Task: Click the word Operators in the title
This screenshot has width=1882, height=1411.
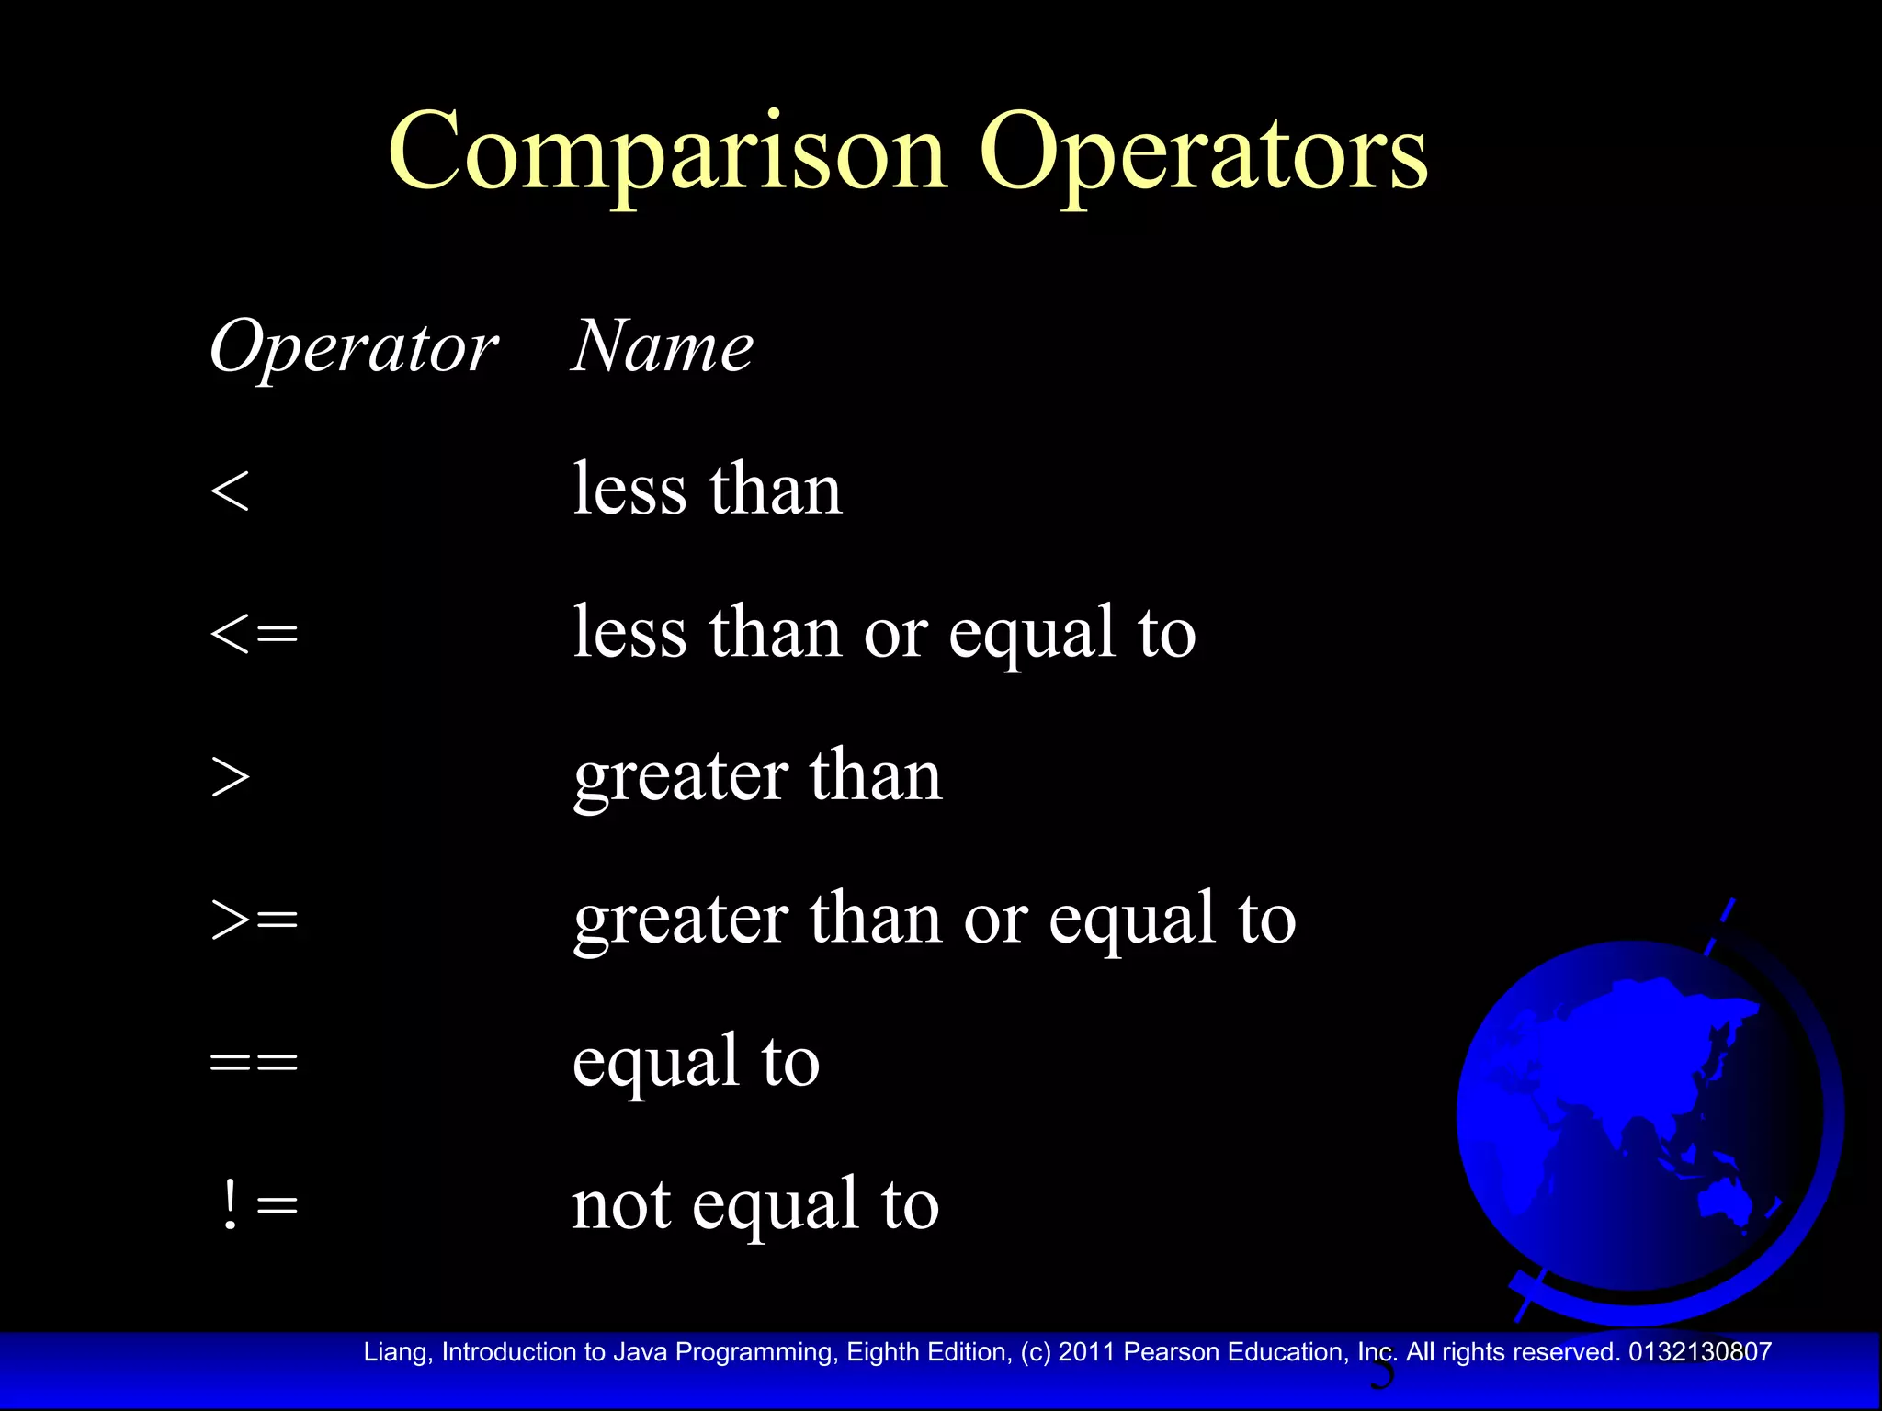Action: (1203, 152)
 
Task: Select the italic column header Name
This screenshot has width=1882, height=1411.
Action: (662, 347)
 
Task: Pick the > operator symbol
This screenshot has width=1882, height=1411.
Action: (230, 777)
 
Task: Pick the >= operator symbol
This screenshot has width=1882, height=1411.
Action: (254, 920)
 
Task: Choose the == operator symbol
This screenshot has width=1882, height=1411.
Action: (254, 1063)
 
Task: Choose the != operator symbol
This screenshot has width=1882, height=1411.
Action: (260, 1204)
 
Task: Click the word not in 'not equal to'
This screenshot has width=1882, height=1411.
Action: (620, 1204)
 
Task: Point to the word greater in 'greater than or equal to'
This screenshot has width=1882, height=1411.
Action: (681, 920)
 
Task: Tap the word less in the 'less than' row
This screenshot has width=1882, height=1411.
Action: (629, 489)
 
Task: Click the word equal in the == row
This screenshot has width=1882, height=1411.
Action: (656, 1063)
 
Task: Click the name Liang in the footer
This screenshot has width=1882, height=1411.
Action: (394, 1352)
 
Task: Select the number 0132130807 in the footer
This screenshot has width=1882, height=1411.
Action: (1700, 1352)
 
